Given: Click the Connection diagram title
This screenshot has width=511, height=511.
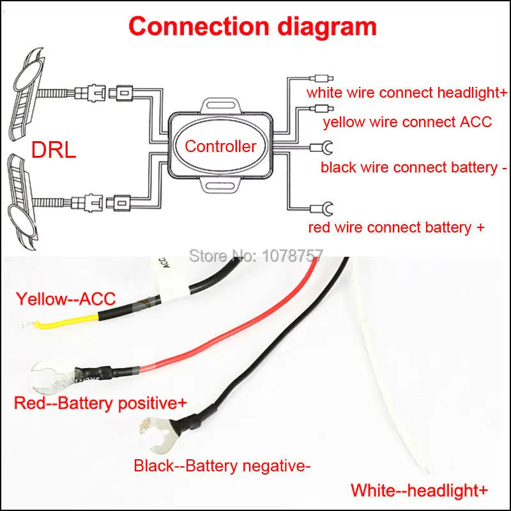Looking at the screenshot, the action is pyautogui.click(x=252, y=27).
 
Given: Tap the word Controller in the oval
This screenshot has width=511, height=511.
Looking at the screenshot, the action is pyautogui.click(x=220, y=146).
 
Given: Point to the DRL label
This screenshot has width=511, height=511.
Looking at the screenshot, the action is pyautogui.click(x=54, y=150).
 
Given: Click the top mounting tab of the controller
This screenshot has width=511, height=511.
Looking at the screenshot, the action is pyautogui.click(x=220, y=105).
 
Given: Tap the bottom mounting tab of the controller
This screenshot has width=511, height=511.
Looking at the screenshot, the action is pyautogui.click(x=220, y=185).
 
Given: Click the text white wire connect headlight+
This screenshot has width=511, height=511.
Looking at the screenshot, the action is pyautogui.click(x=407, y=93).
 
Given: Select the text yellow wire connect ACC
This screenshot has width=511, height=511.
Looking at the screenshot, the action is pyautogui.click(x=408, y=122).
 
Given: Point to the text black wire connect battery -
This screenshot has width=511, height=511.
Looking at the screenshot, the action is pyautogui.click(x=414, y=167).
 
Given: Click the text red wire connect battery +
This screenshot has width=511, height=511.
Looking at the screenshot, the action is pyautogui.click(x=396, y=227).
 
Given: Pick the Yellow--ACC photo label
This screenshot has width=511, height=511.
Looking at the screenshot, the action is pyautogui.click(x=66, y=299).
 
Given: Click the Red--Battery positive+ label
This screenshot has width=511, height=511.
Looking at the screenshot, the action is pyautogui.click(x=100, y=403).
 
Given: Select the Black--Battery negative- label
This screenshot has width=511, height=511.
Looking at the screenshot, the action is pyautogui.click(x=222, y=466).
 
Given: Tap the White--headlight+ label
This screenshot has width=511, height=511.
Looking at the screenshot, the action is pyautogui.click(x=419, y=490).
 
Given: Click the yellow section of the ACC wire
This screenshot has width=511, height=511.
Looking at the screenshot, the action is pyautogui.click(x=68, y=322).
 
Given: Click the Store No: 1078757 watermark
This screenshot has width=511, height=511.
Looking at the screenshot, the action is pyautogui.click(x=256, y=256).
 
